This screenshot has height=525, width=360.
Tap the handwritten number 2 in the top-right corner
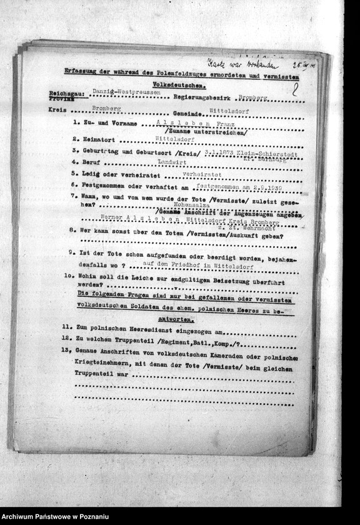point(294,89)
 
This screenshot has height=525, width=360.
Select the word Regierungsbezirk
point(204,97)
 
